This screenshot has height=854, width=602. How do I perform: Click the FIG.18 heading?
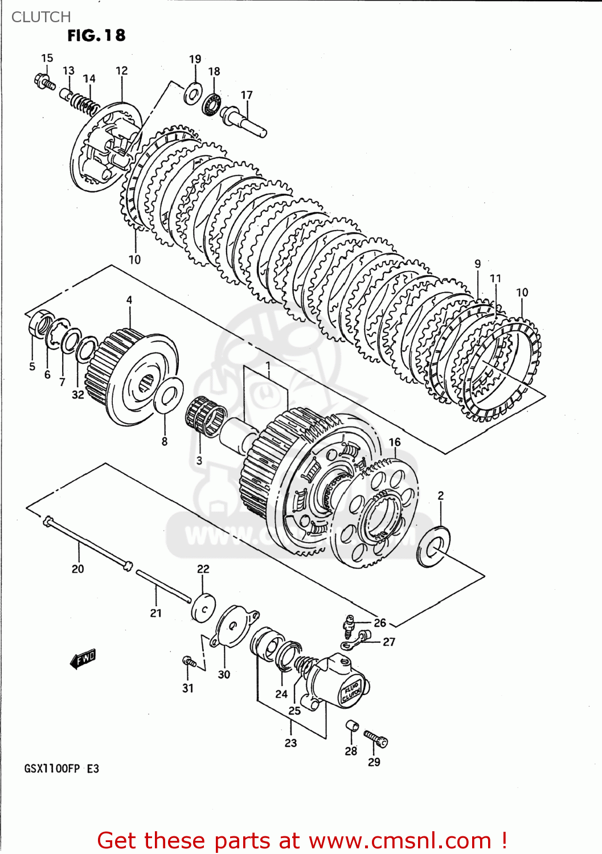[96, 35]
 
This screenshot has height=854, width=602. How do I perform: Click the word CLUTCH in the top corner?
[41, 17]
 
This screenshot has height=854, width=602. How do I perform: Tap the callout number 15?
[47, 58]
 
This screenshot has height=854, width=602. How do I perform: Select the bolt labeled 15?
[44, 81]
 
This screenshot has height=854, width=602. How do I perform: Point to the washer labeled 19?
[193, 93]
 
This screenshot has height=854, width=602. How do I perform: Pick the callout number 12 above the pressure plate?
[121, 71]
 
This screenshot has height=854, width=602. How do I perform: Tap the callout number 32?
[78, 395]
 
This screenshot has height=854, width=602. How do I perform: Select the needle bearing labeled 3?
[206, 416]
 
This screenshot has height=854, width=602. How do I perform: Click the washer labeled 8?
[168, 396]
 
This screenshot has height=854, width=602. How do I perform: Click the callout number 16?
[395, 442]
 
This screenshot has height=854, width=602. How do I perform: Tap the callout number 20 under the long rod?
[78, 569]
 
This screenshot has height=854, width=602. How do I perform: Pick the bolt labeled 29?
[376, 739]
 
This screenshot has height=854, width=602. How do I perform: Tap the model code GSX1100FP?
[52, 769]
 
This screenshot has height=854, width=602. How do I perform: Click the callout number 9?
[477, 264]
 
